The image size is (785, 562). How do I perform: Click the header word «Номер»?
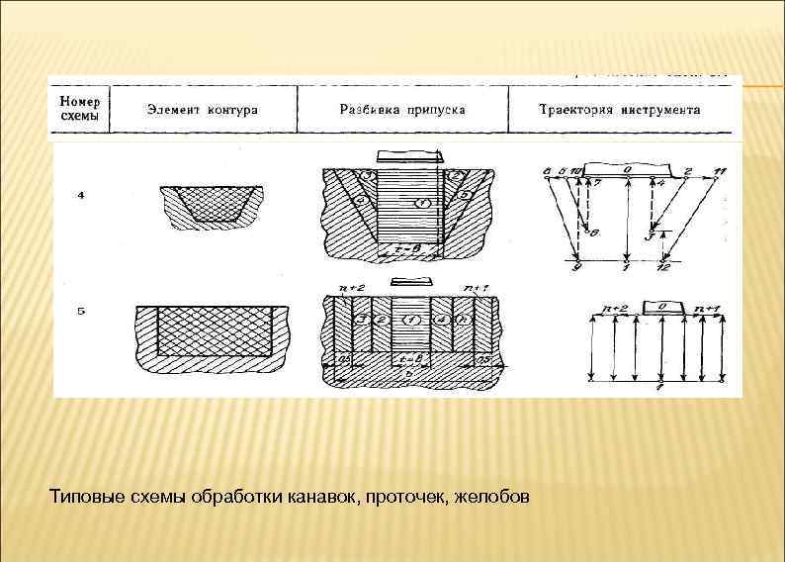(78, 101)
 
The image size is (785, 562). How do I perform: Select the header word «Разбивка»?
(367, 110)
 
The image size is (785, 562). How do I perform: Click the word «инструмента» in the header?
(665, 110)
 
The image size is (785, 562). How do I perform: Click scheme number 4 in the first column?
(80, 195)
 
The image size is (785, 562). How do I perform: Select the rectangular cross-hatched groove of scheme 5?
(214, 330)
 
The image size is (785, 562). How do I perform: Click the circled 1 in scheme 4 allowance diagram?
(422, 203)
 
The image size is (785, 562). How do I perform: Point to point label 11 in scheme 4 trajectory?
(720, 171)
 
